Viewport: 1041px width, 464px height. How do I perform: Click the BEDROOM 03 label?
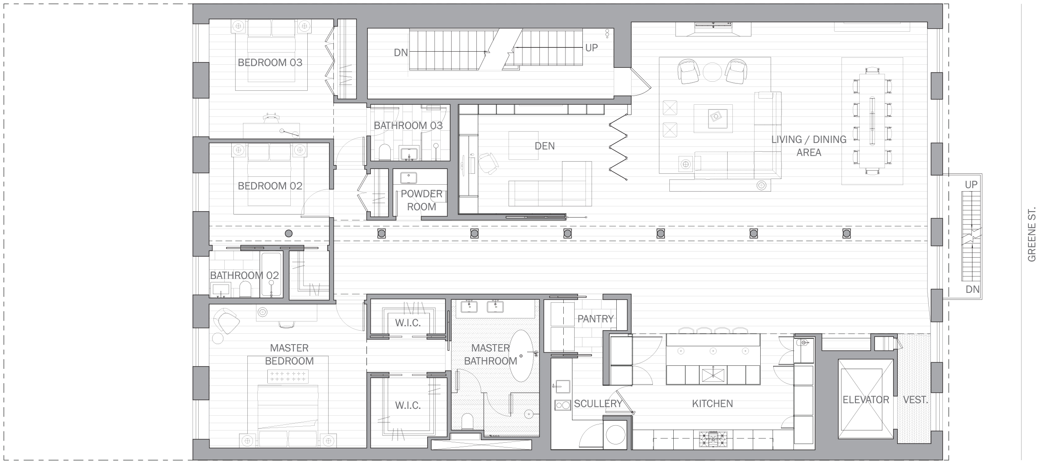tap(270, 63)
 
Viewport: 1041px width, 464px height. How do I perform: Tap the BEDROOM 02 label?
tap(270, 186)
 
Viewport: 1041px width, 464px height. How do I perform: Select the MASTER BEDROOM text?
tap(289, 355)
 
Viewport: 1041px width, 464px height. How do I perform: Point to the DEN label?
tap(545, 146)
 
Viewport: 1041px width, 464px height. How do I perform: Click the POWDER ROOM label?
tap(422, 200)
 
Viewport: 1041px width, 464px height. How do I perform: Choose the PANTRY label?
tap(595, 319)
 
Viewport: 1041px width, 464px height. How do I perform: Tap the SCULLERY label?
tap(598, 404)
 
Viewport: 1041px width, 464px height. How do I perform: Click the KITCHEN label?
tap(712, 404)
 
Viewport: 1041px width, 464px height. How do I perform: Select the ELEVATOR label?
tap(866, 400)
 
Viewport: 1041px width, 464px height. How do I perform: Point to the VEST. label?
tap(915, 400)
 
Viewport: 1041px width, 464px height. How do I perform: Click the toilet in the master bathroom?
tap(467, 421)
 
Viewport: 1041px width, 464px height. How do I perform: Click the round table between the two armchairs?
tap(712, 73)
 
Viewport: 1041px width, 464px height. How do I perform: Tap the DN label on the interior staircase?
tap(401, 53)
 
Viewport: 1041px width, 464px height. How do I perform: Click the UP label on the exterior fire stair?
tap(971, 185)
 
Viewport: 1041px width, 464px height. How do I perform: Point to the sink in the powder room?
tap(408, 178)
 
